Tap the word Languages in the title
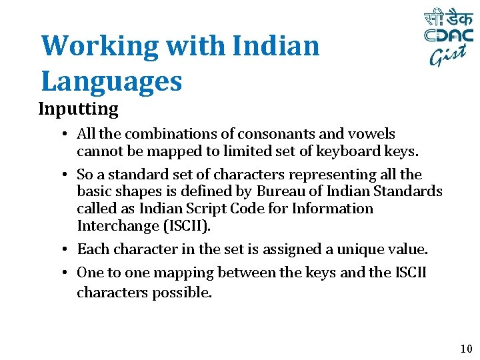point(111,81)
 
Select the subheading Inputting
point(78,108)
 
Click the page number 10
point(465,349)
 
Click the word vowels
point(373,135)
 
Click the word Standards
point(409,191)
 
